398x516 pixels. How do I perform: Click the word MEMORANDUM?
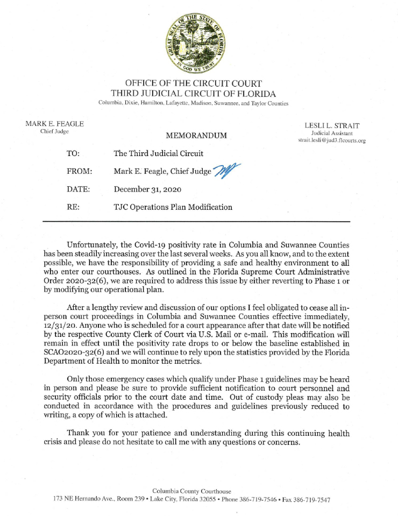click(196, 135)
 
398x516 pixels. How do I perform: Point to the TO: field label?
click(73, 154)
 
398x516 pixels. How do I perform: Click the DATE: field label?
click(78, 189)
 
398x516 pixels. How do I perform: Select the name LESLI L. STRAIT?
click(332, 126)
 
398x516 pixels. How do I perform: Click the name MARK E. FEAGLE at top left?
click(54, 124)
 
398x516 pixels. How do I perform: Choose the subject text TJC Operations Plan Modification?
click(173, 207)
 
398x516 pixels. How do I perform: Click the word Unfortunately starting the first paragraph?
click(95, 245)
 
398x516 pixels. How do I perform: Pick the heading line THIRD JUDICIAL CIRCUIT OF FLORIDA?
click(194, 93)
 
